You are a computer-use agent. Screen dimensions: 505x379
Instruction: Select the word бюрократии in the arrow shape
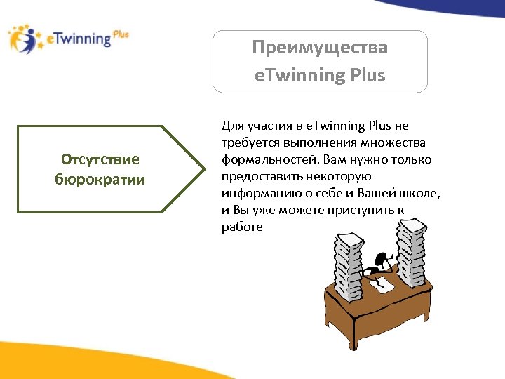tap(100, 179)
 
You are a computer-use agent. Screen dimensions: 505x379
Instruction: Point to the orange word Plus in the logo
tap(120, 34)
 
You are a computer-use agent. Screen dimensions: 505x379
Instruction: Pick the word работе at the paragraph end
tap(242, 227)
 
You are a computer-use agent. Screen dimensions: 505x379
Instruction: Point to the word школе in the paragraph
tap(424, 193)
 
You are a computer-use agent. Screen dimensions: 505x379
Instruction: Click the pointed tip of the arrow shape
tap(201, 169)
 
